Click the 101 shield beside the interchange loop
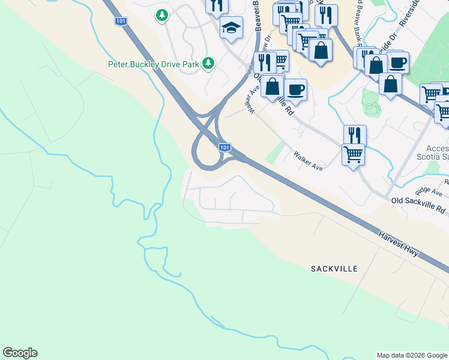pos(224,147)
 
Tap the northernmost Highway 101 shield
pos(120,21)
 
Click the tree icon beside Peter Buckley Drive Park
pos(208,62)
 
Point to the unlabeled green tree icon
pos(161,14)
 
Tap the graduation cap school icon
pos(231,27)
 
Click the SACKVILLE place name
pos(334,268)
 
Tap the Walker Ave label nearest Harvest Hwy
pos(308,161)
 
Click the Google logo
pos(20,353)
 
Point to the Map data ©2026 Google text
pos(412,355)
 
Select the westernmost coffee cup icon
pos(295,90)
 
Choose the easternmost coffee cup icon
pos(397,62)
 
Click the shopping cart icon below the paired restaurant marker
pos(353,154)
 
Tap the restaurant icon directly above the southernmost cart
pos(355,135)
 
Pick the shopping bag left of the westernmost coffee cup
pos(272,85)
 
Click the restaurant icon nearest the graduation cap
pos(217,5)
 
